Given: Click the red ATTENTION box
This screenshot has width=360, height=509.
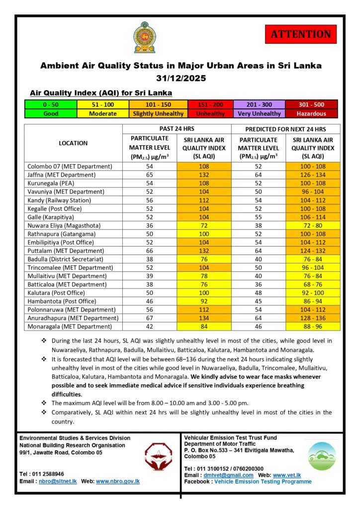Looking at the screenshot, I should tap(300, 34).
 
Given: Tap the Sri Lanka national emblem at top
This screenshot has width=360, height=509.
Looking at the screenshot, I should tap(144, 37).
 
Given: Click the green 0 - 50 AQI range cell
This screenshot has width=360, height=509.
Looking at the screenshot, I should tap(51, 104).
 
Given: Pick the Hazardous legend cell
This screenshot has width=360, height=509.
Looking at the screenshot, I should tap(311, 113).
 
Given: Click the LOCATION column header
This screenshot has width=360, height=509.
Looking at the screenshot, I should tap(73, 143).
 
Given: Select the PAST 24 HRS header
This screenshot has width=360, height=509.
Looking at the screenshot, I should tap(177, 129).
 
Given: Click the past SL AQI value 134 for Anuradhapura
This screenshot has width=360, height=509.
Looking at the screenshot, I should tap(204, 318).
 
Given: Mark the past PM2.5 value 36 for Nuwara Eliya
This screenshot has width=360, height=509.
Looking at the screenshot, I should tap(150, 225).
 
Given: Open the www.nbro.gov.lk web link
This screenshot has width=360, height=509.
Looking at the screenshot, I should tap(117, 481).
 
